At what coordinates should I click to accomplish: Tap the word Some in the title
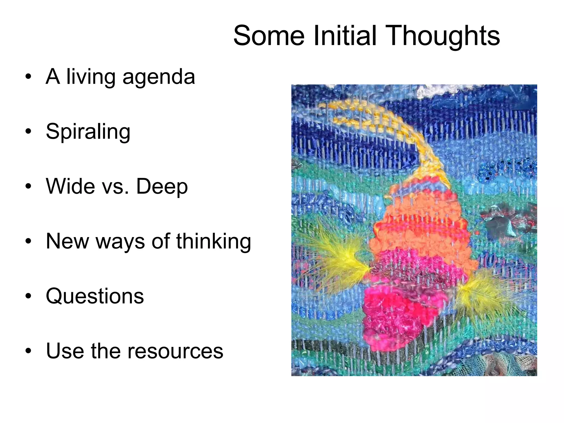(x=269, y=36)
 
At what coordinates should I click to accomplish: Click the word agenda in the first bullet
(x=159, y=77)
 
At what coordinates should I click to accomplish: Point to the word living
(x=91, y=77)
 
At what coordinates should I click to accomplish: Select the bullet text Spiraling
(x=88, y=132)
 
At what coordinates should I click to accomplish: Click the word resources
(x=175, y=351)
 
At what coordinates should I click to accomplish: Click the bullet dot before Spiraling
(x=28, y=132)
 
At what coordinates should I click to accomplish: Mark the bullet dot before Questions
(x=28, y=296)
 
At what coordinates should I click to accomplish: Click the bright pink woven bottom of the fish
(x=391, y=317)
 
